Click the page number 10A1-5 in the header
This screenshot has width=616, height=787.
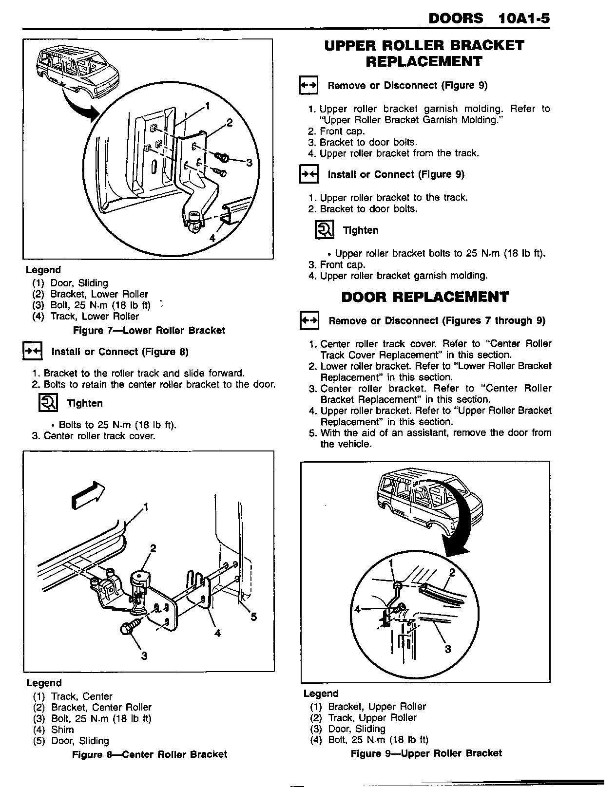tap(524, 19)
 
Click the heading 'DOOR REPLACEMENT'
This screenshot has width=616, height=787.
tap(425, 297)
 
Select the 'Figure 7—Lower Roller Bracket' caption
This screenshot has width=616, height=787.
tap(149, 331)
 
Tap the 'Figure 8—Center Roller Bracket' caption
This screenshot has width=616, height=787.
tap(150, 754)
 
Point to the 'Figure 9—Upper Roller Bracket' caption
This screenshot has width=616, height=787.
tap(426, 753)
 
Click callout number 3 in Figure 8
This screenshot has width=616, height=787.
tap(144, 656)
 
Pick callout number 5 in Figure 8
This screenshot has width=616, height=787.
tap(253, 617)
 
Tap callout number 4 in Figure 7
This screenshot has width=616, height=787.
tap(212, 238)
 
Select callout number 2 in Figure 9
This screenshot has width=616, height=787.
tap(452, 572)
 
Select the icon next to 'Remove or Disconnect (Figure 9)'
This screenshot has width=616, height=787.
tap(308, 85)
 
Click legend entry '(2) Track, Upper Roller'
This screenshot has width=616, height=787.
tap(363, 718)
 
